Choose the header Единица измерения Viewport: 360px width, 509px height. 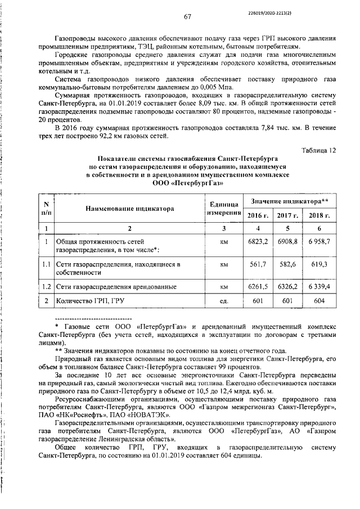pyautogui.click(x=223, y=209)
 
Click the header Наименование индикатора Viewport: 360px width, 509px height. pyautogui.click(x=129, y=209)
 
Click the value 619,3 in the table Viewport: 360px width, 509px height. pyautogui.click(x=319, y=264)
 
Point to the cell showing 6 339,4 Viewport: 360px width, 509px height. pyautogui.click(x=319, y=287)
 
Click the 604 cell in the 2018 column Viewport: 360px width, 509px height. pyautogui.click(x=319, y=301)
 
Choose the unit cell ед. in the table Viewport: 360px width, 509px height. pyautogui.click(x=223, y=301)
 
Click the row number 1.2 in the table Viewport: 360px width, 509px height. pyautogui.click(x=47, y=287)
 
